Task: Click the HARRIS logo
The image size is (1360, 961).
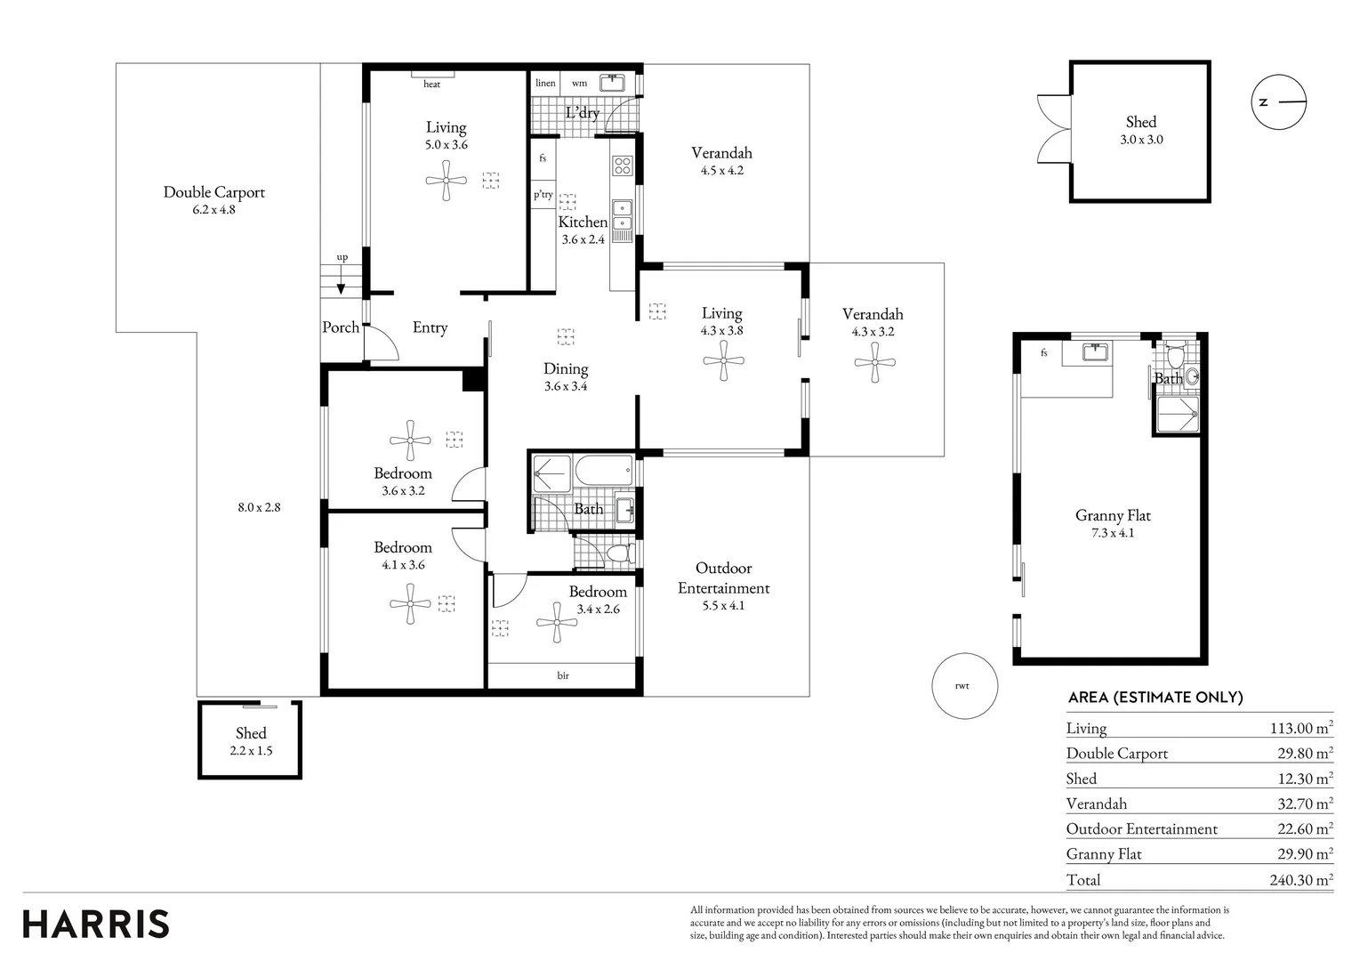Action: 95,924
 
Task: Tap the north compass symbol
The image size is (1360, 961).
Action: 1279,102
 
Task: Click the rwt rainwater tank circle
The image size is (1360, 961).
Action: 965,686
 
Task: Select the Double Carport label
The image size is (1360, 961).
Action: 213,192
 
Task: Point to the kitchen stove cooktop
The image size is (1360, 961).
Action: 623,166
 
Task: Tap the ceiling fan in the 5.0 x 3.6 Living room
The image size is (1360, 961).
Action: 447,181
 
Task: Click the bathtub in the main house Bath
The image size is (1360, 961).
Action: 604,470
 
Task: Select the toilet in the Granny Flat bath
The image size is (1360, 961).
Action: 1176,355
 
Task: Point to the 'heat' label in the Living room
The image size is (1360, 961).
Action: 431,84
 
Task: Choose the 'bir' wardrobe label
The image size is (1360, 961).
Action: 563,674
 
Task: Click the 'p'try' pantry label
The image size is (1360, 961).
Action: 543,194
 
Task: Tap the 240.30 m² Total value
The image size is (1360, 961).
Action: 1301,880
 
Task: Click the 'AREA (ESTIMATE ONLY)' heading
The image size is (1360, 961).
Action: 1155,698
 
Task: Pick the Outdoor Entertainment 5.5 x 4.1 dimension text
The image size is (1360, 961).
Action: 723,605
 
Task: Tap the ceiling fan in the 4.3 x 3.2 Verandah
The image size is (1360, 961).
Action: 875,363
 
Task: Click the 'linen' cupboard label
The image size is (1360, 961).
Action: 545,83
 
